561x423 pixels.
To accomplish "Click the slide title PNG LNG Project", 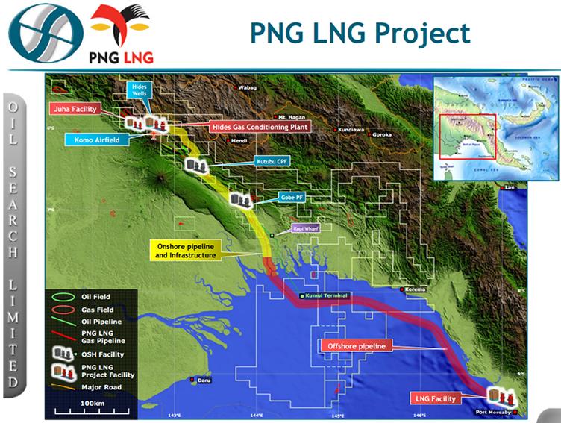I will click(x=360, y=33).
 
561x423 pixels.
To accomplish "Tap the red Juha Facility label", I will click(x=75, y=109).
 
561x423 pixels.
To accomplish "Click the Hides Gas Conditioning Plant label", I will click(x=259, y=127).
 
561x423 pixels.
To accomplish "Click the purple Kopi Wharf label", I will click(x=305, y=228).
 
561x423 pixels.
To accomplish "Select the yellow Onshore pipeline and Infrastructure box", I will click(x=186, y=250).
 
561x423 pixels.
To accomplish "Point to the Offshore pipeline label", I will click(x=356, y=346).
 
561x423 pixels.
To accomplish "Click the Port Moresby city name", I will click(x=493, y=411).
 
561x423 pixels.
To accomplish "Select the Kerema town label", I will click(x=416, y=289).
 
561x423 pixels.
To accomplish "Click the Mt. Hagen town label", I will click(x=292, y=118).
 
